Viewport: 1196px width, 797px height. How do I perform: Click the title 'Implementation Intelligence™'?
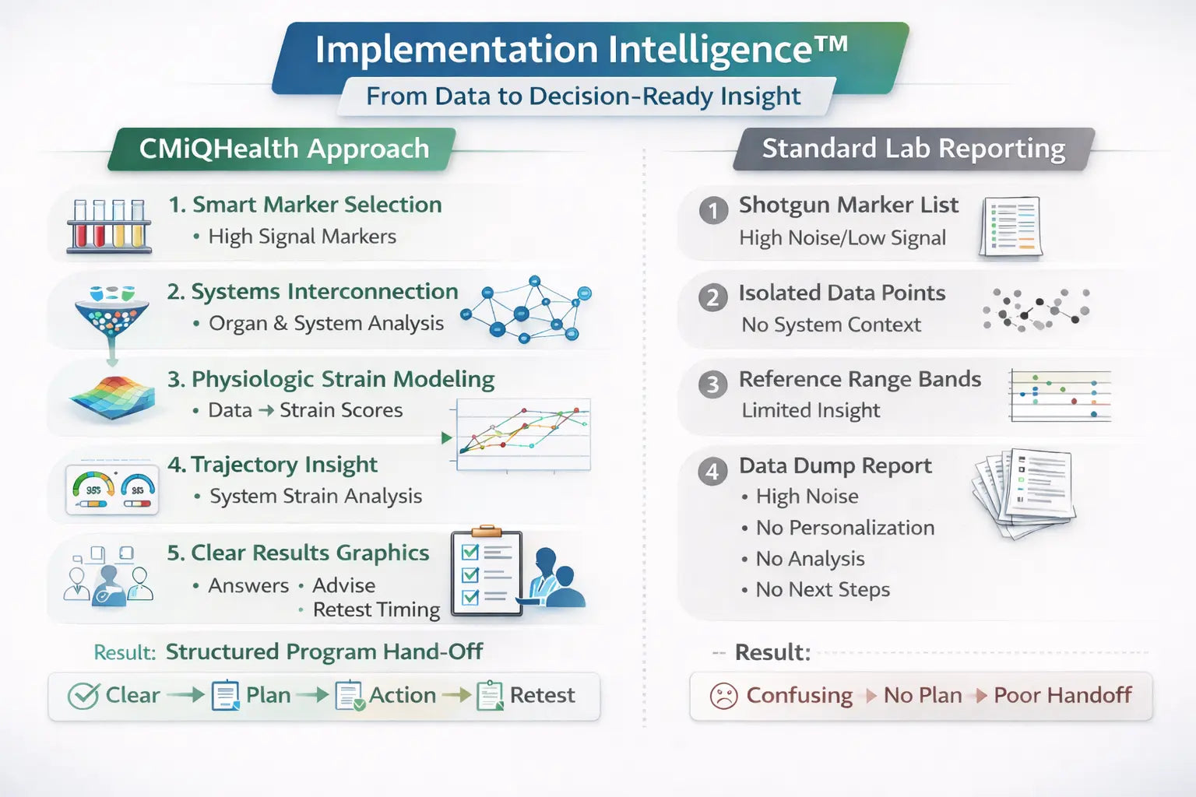coord(581,49)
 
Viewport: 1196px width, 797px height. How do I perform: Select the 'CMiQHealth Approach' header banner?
coord(282,149)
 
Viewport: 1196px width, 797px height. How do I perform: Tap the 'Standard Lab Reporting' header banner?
coord(913,149)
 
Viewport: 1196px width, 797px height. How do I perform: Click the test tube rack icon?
coord(110,226)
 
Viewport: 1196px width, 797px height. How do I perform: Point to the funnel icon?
coord(111,315)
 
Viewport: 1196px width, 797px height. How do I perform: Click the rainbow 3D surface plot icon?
coord(113,398)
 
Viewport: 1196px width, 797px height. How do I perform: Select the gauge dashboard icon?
coord(112,490)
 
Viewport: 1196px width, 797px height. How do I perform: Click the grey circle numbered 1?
coord(713,210)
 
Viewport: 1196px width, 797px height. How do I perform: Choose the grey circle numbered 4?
coord(712,472)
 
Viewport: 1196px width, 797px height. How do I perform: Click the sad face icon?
coord(723,696)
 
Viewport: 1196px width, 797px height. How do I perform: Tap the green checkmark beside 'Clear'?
coord(83,696)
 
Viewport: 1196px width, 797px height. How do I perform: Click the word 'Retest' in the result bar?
coord(542,695)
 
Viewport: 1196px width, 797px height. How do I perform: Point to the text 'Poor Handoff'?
coord(1063,695)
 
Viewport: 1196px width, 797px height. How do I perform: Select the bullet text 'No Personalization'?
coord(845,528)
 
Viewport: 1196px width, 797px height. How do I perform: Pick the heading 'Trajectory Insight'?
coord(284,465)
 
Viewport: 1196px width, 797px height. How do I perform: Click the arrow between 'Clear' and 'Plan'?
coord(185,695)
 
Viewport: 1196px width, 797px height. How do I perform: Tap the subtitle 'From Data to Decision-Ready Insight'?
coord(583,97)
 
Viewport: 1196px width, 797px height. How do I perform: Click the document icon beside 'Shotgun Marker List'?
coord(1011,226)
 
